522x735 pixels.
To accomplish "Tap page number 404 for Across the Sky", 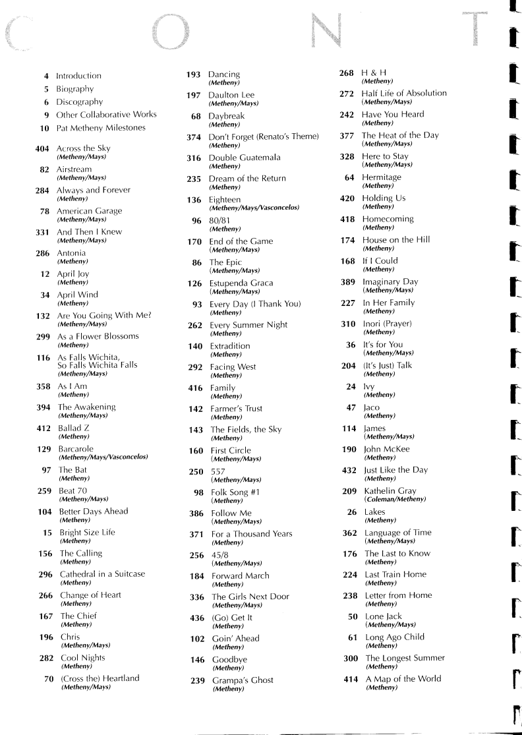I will click(43, 148).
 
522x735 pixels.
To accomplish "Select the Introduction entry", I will click(78, 76).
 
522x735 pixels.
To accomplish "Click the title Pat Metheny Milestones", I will click(101, 128).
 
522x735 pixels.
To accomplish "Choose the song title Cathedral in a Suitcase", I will click(102, 574).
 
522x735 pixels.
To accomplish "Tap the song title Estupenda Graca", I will click(241, 283).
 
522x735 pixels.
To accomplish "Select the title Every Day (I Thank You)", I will click(255, 304).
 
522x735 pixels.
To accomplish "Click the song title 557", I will click(218, 471).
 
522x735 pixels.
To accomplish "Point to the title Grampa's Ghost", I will click(243, 680).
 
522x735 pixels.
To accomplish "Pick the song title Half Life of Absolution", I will click(404, 93).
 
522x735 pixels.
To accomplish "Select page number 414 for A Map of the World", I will click(351, 679).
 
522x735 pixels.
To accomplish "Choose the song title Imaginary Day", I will click(390, 281).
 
